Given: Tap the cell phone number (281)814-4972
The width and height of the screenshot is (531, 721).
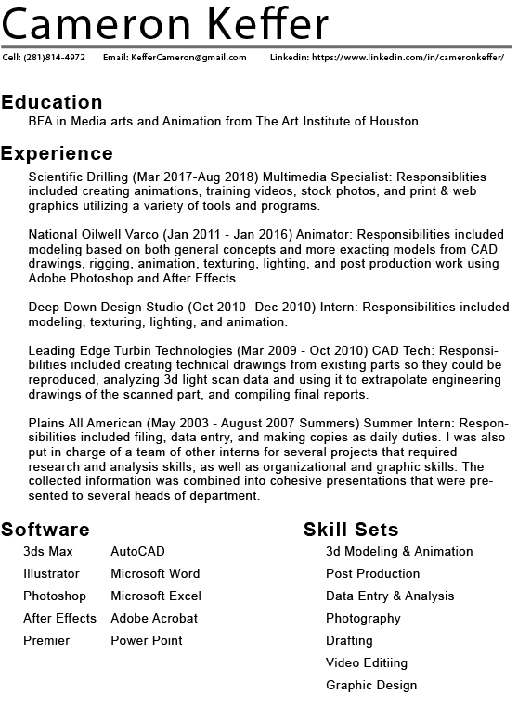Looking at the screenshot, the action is (55, 58).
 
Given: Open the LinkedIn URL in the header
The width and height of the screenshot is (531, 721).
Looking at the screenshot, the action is (408, 58).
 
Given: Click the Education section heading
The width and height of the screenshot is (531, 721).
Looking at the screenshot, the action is (52, 102).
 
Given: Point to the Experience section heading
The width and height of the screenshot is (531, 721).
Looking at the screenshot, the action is (57, 153).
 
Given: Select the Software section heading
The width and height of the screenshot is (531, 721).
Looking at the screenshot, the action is (45, 530).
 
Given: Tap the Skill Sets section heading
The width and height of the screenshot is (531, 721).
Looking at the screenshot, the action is (351, 530).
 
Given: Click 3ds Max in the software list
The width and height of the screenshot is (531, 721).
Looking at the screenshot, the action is (48, 552).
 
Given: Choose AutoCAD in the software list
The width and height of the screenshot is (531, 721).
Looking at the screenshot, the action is (137, 552).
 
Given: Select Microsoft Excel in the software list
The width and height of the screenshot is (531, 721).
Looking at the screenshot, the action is (156, 596).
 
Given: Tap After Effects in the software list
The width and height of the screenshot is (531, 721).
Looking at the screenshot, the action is (59, 618).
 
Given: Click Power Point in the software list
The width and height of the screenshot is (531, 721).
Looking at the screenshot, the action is (147, 640).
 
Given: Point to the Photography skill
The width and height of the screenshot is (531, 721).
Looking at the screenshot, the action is (363, 618).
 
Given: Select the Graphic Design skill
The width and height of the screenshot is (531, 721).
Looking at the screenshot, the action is (371, 685).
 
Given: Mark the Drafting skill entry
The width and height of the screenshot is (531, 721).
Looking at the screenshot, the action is (349, 640).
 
